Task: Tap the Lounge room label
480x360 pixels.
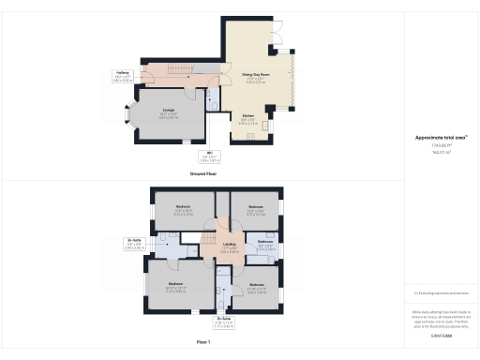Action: coord(169,113)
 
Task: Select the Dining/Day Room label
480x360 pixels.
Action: coord(255,78)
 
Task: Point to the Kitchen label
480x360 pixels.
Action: coord(247,120)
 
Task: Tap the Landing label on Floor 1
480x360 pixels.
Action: coord(229,249)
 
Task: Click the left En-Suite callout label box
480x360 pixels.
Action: coord(133,246)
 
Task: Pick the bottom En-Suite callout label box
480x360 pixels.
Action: coord(223,324)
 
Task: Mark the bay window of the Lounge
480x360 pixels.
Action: coord(131,118)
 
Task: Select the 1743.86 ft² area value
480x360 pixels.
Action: coord(441,145)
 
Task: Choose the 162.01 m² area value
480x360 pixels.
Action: coord(441,153)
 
